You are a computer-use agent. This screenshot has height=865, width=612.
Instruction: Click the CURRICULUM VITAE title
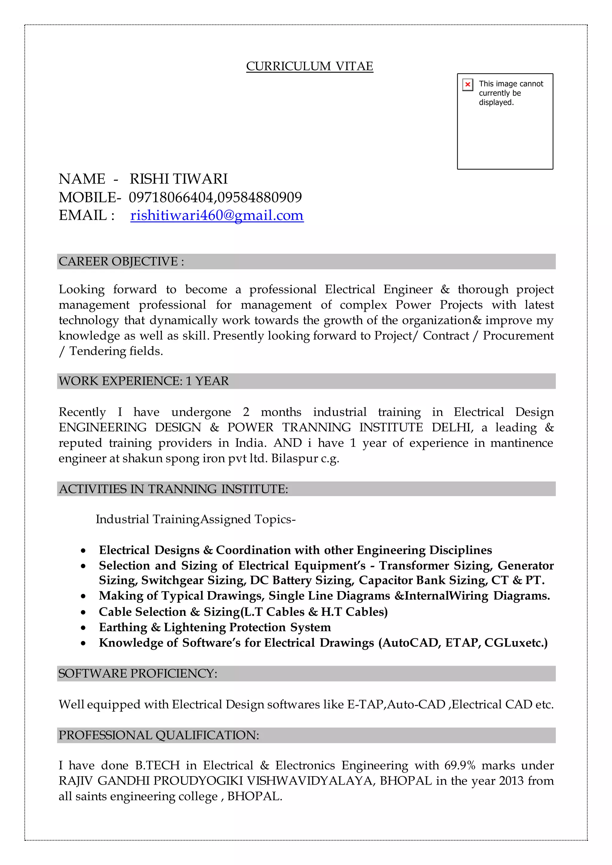coord(309,66)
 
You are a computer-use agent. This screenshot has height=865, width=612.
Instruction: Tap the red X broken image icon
coord(467,84)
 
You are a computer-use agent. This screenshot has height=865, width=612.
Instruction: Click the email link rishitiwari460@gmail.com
coord(217,215)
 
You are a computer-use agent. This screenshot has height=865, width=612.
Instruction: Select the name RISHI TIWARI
coord(179,179)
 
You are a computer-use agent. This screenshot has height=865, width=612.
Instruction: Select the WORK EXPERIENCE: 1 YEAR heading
coord(143,381)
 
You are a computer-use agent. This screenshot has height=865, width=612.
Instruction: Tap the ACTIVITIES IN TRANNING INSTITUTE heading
coord(173,489)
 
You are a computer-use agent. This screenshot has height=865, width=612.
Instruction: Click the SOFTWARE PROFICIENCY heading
coord(138,673)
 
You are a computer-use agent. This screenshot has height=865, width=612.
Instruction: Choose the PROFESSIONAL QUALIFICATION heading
coord(159,735)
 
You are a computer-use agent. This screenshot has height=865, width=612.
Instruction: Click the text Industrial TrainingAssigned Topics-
coord(195,519)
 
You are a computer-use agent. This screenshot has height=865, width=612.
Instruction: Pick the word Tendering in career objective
coord(98,351)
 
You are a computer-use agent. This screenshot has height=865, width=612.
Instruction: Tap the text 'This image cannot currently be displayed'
coord(510,93)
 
